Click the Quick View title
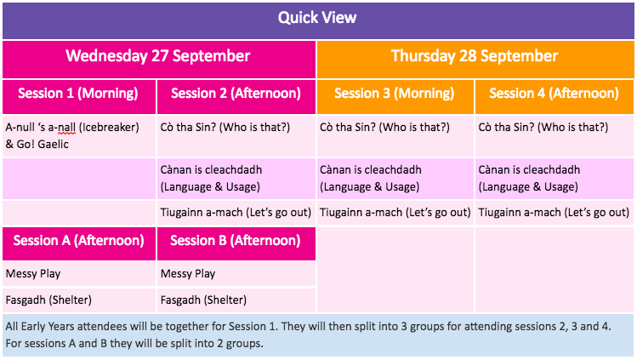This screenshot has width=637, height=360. [x=317, y=18]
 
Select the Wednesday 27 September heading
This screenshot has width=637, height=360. [x=158, y=56]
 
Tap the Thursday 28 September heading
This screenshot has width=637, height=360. [x=475, y=56]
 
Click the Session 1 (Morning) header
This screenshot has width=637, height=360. [x=78, y=94]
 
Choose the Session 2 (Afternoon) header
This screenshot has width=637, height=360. [x=236, y=94]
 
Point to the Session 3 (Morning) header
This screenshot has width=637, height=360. [x=394, y=94]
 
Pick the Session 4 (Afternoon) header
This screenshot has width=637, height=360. [x=554, y=94]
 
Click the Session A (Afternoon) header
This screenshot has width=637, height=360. [x=79, y=241]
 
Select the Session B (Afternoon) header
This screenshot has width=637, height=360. [x=236, y=241]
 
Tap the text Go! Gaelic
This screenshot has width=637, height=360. [x=43, y=144]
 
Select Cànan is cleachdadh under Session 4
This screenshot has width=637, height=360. [x=529, y=169]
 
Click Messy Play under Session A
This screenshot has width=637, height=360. [x=33, y=274]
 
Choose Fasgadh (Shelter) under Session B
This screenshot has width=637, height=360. [x=203, y=300]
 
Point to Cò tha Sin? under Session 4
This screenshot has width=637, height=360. [x=506, y=127]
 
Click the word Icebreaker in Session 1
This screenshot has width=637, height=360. [x=109, y=128]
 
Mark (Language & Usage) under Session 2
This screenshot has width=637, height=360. [x=210, y=187]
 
